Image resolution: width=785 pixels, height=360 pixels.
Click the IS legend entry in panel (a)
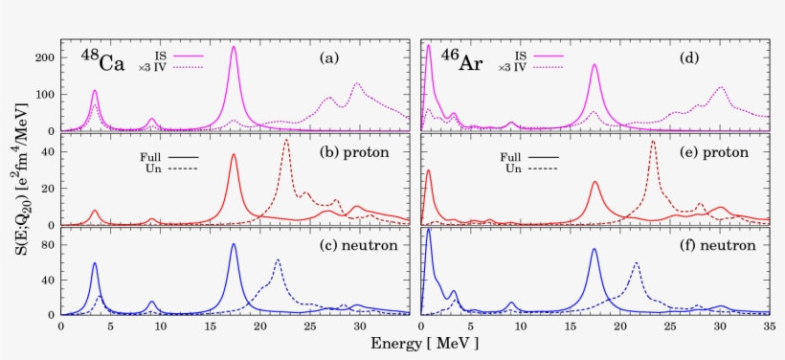click(x=177, y=56)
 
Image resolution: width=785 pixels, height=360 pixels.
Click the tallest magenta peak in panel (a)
click(x=234, y=47)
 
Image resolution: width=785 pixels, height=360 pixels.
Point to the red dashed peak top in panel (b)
click(x=286, y=141)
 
